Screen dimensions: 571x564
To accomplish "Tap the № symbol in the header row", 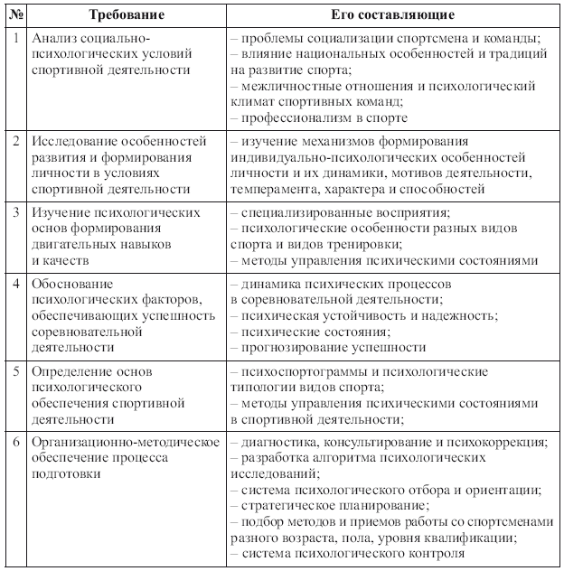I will point(14,16).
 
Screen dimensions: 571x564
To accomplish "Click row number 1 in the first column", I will point(15,39).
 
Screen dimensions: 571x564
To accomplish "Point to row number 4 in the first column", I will point(15,284).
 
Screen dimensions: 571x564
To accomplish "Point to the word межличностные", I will point(283,87).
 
